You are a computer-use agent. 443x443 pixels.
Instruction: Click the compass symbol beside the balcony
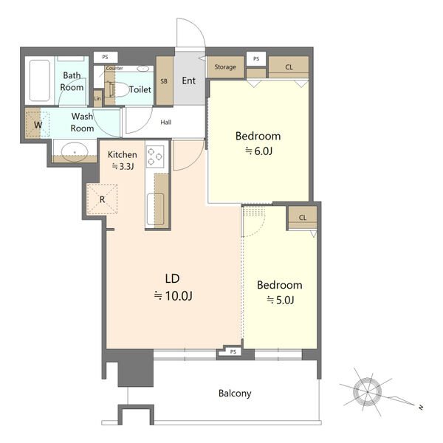[x=368, y=392]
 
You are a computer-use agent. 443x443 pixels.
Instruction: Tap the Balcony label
[x=235, y=394]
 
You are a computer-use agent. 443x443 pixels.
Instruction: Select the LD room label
[x=172, y=278]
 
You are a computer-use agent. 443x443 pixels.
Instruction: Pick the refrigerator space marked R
[x=102, y=199]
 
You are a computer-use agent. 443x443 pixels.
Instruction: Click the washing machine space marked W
[x=37, y=124]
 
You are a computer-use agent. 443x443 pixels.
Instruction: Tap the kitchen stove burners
[x=155, y=157]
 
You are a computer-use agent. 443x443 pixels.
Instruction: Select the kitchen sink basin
[x=155, y=210]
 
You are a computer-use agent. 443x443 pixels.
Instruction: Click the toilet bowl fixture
[x=118, y=90]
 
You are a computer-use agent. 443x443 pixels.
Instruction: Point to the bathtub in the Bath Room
[x=40, y=80]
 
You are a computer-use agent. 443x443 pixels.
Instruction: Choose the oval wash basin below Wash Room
[x=75, y=151]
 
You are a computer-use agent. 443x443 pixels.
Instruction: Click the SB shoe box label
[x=164, y=81]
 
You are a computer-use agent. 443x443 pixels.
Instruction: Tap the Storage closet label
[x=225, y=67]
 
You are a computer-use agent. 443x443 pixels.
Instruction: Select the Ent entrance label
[x=189, y=80]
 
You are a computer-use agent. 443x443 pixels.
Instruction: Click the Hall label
[x=166, y=123]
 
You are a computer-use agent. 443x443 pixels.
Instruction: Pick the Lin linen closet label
[x=97, y=99]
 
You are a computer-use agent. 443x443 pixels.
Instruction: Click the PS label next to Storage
[x=256, y=59]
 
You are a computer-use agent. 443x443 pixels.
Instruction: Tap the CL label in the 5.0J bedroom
[x=303, y=218]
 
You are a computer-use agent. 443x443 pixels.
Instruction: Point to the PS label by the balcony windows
[x=233, y=351]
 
